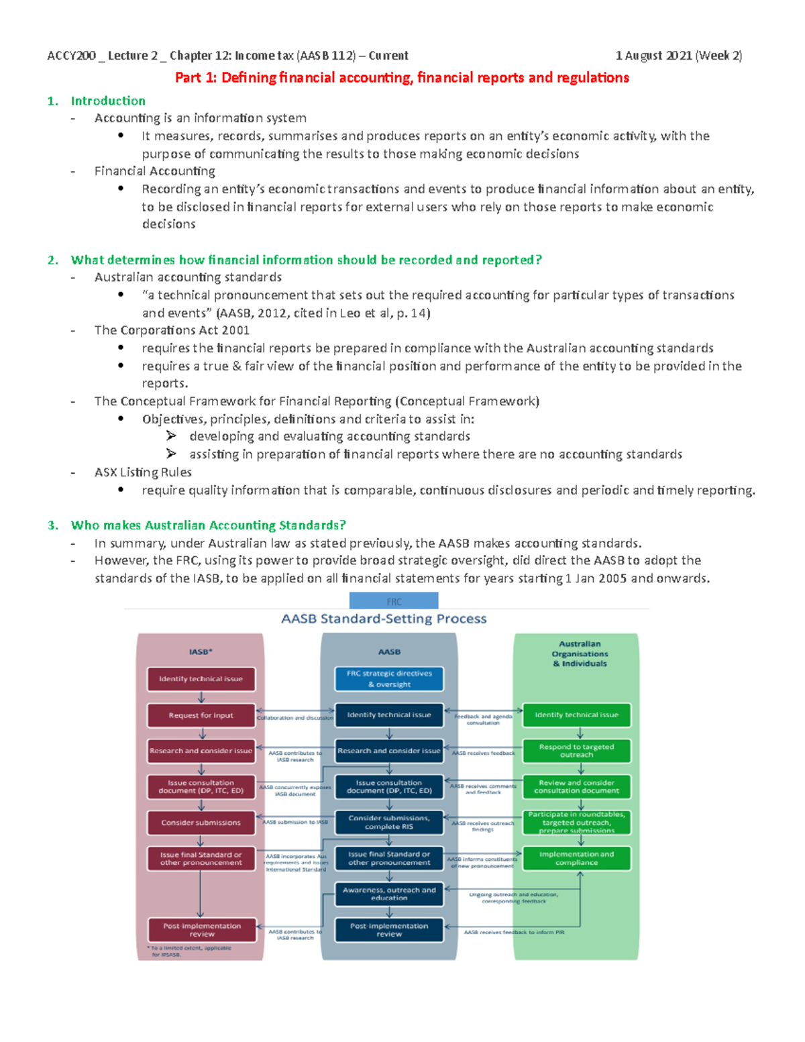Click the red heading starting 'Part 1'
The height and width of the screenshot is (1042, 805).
402,78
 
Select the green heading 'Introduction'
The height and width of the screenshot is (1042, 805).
108,101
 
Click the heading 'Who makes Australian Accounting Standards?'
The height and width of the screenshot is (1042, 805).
208,525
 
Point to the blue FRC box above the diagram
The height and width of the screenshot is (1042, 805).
394,601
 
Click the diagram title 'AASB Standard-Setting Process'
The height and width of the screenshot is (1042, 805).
384,619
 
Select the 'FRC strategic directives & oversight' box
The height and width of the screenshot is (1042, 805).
389,679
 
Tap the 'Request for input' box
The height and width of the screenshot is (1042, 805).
201,715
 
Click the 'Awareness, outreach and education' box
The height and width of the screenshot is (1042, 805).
389,894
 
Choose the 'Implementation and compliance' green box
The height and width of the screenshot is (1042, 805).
576,858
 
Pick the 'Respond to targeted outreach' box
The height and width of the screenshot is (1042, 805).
576,751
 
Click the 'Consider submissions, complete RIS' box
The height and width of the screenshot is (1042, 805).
389,823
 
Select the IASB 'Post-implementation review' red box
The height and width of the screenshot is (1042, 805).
201,930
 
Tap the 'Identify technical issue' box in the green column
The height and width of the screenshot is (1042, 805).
576,715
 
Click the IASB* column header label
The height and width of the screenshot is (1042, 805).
200,652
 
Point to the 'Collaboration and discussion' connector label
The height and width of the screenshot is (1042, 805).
295,718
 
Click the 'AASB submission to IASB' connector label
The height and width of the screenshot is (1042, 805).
295,822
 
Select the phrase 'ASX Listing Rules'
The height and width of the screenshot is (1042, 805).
143,472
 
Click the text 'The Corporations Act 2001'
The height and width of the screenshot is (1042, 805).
172,330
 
